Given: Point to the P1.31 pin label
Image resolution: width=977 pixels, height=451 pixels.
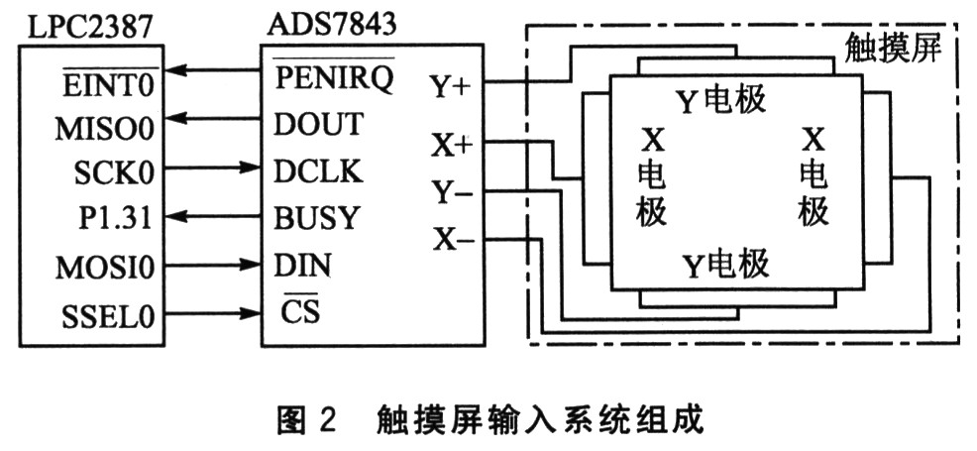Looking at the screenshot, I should pos(117,216).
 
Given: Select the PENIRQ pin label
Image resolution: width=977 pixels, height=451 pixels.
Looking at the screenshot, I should pos(333,76).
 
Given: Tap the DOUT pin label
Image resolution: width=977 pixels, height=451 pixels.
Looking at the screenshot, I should pos(318,125).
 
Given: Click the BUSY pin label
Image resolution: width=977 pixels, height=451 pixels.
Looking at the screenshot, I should pos(316,216).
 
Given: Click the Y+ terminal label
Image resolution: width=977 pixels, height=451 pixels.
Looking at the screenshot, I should pos(451,87).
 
